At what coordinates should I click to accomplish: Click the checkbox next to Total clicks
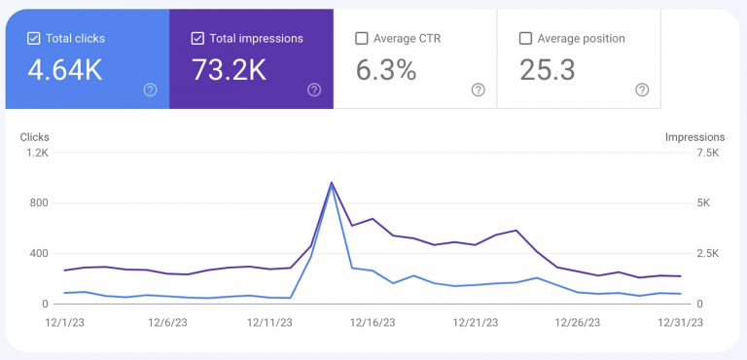coord(34,39)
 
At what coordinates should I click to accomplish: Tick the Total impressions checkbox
coord(197,39)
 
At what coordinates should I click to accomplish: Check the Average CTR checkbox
coord(362,39)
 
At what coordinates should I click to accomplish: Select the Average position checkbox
coord(525,39)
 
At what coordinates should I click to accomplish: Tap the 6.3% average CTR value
coord(386,71)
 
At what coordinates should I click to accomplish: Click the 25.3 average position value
coord(548,71)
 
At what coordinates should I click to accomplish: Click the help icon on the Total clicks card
coord(150,90)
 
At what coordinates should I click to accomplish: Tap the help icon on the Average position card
coord(641,90)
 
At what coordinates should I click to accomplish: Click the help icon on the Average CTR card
coord(478,90)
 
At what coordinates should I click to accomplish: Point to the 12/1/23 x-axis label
coord(64,322)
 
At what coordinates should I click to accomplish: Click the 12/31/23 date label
coord(681,322)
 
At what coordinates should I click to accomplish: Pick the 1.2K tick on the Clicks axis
coord(37,153)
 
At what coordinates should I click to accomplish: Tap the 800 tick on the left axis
coord(37,203)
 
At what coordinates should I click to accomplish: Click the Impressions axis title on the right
coord(694,137)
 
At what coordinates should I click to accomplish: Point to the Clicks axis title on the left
coord(34,137)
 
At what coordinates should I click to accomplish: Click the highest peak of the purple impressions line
coord(332,183)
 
